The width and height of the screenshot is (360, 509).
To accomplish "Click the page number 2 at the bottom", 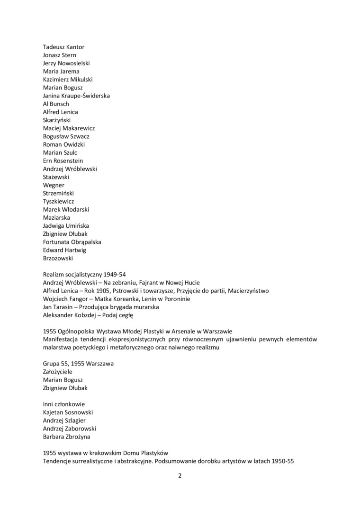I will (180, 476).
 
